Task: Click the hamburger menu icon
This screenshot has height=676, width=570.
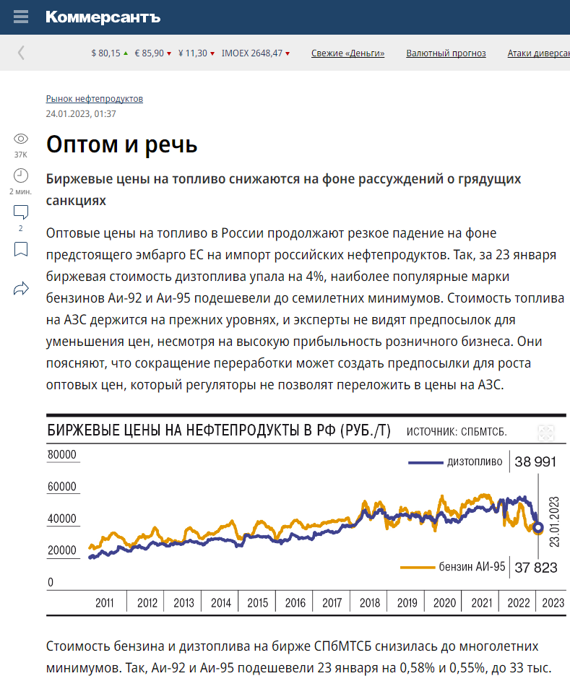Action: coord(21,17)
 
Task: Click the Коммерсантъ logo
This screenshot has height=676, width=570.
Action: coord(103,17)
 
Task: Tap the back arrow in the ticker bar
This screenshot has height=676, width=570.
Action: coord(21,53)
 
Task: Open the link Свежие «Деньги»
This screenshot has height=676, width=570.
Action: coord(348,53)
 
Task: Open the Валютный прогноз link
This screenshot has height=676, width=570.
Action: coord(446,53)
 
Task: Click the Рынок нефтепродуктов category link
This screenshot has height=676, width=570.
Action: coord(95,99)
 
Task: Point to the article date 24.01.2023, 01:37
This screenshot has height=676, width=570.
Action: coord(81,114)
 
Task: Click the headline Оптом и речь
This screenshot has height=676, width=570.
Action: coord(121,144)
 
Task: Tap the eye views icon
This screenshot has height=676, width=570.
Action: coord(21,139)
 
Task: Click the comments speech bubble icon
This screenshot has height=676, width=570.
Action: coord(21,212)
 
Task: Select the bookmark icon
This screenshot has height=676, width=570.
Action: coord(21,250)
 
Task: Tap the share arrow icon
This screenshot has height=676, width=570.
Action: coord(21,288)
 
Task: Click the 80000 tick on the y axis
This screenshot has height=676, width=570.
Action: coord(62,454)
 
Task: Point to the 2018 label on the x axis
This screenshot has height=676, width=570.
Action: coord(369,603)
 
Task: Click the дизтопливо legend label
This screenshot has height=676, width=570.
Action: coord(475,461)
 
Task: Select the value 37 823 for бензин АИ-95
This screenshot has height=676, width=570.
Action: coord(536,568)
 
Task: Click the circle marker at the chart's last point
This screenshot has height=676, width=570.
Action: coord(537,527)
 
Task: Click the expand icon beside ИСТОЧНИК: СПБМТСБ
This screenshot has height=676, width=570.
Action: coord(546,433)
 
